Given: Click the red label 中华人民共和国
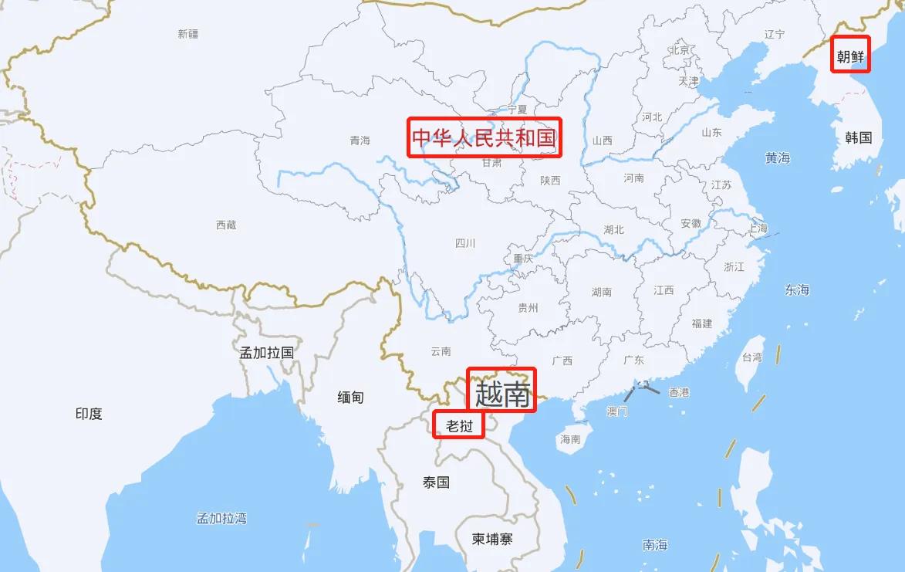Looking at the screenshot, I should click(484, 137).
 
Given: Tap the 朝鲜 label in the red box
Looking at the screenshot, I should click(850, 55).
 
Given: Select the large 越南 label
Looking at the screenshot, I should click(502, 394).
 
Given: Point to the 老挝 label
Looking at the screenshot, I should click(459, 425).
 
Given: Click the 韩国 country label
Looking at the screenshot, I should click(858, 138).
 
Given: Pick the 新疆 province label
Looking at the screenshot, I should click(187, 34).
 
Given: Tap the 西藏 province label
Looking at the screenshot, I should click(226, 225).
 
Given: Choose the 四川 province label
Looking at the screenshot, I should click(465, 244).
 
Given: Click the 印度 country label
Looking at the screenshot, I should click(89, 414).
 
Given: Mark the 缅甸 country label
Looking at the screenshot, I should click(350, 398).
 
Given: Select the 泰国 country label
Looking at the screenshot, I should click(436, 482).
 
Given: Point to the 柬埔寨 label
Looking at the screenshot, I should click(492, 540).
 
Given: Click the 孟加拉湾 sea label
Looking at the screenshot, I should click(221, 518).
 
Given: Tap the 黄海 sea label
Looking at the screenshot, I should click(778, 158).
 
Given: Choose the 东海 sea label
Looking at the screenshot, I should click(797, 290).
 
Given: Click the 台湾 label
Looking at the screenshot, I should click(751, 357).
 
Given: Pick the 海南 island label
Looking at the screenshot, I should click(569, 439).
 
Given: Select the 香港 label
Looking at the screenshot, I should click(679, 392).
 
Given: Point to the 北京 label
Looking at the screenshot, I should click(680, 50).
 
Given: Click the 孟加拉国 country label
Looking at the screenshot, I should click(267, 353).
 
